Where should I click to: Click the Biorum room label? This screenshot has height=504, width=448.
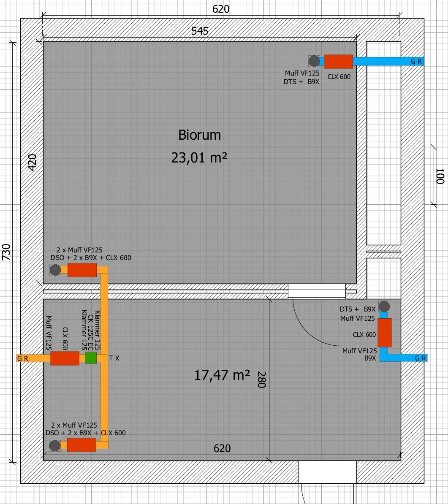tap(199, 135)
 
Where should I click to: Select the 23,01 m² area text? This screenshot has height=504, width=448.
tap(199, 157)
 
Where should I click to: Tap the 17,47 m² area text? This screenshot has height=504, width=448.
tap(222, 375)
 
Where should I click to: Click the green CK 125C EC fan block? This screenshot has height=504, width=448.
tap(91, 358)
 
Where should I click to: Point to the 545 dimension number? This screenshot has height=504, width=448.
tap(200, 31)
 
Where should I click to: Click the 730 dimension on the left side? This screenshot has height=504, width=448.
tap(6, 252)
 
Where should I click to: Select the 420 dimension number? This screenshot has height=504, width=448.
tap(32, 163)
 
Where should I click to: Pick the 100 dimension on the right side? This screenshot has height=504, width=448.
tap(440, 176)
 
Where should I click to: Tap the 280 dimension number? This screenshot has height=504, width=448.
tap(261, 379)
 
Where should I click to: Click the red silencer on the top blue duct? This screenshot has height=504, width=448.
tap(338, 61)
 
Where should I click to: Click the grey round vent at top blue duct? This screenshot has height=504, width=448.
tap(314, 61)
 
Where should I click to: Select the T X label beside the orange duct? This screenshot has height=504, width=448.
tap(114, 358)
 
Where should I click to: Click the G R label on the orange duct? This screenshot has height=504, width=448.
tap(22, 358)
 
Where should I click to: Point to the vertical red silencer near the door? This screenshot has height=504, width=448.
tap(384, 333)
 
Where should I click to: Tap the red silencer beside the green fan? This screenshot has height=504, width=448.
tap(65, 358)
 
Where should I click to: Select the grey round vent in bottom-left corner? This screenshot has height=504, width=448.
tap(54, 445)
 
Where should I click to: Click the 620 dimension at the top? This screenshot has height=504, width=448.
tap(221, 9)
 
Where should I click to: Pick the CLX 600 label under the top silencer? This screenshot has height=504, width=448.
tap(339, 77)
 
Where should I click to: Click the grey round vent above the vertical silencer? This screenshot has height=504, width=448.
tap(384, 306)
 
